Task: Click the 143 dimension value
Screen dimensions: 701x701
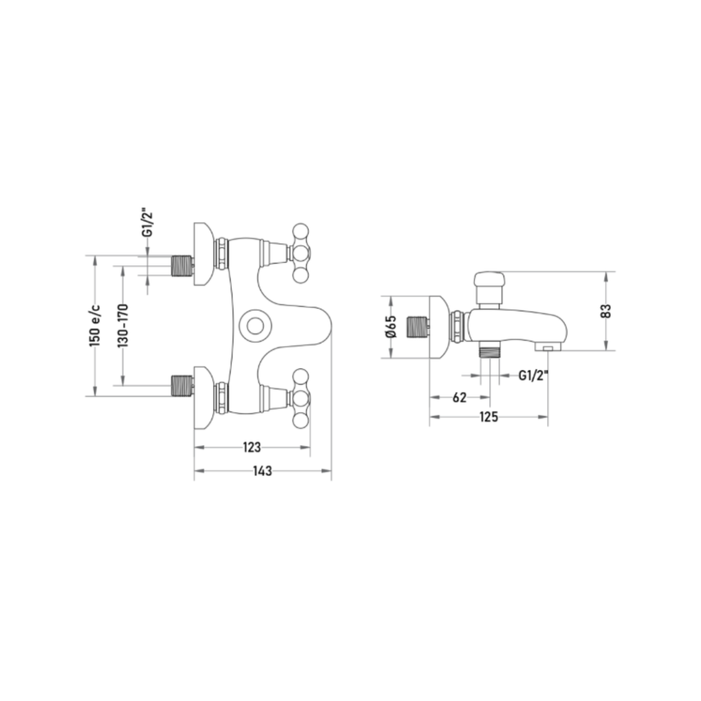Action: click(262, 471)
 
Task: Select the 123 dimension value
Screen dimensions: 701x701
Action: click(252, 447)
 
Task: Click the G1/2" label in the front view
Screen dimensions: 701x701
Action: click(148, 223)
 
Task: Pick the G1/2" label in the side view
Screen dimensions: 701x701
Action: click(534, 376)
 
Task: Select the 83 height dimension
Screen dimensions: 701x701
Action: click(606, 311)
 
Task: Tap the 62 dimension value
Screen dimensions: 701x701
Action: click(460, 397)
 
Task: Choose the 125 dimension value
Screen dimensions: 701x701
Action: click(489, 417)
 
